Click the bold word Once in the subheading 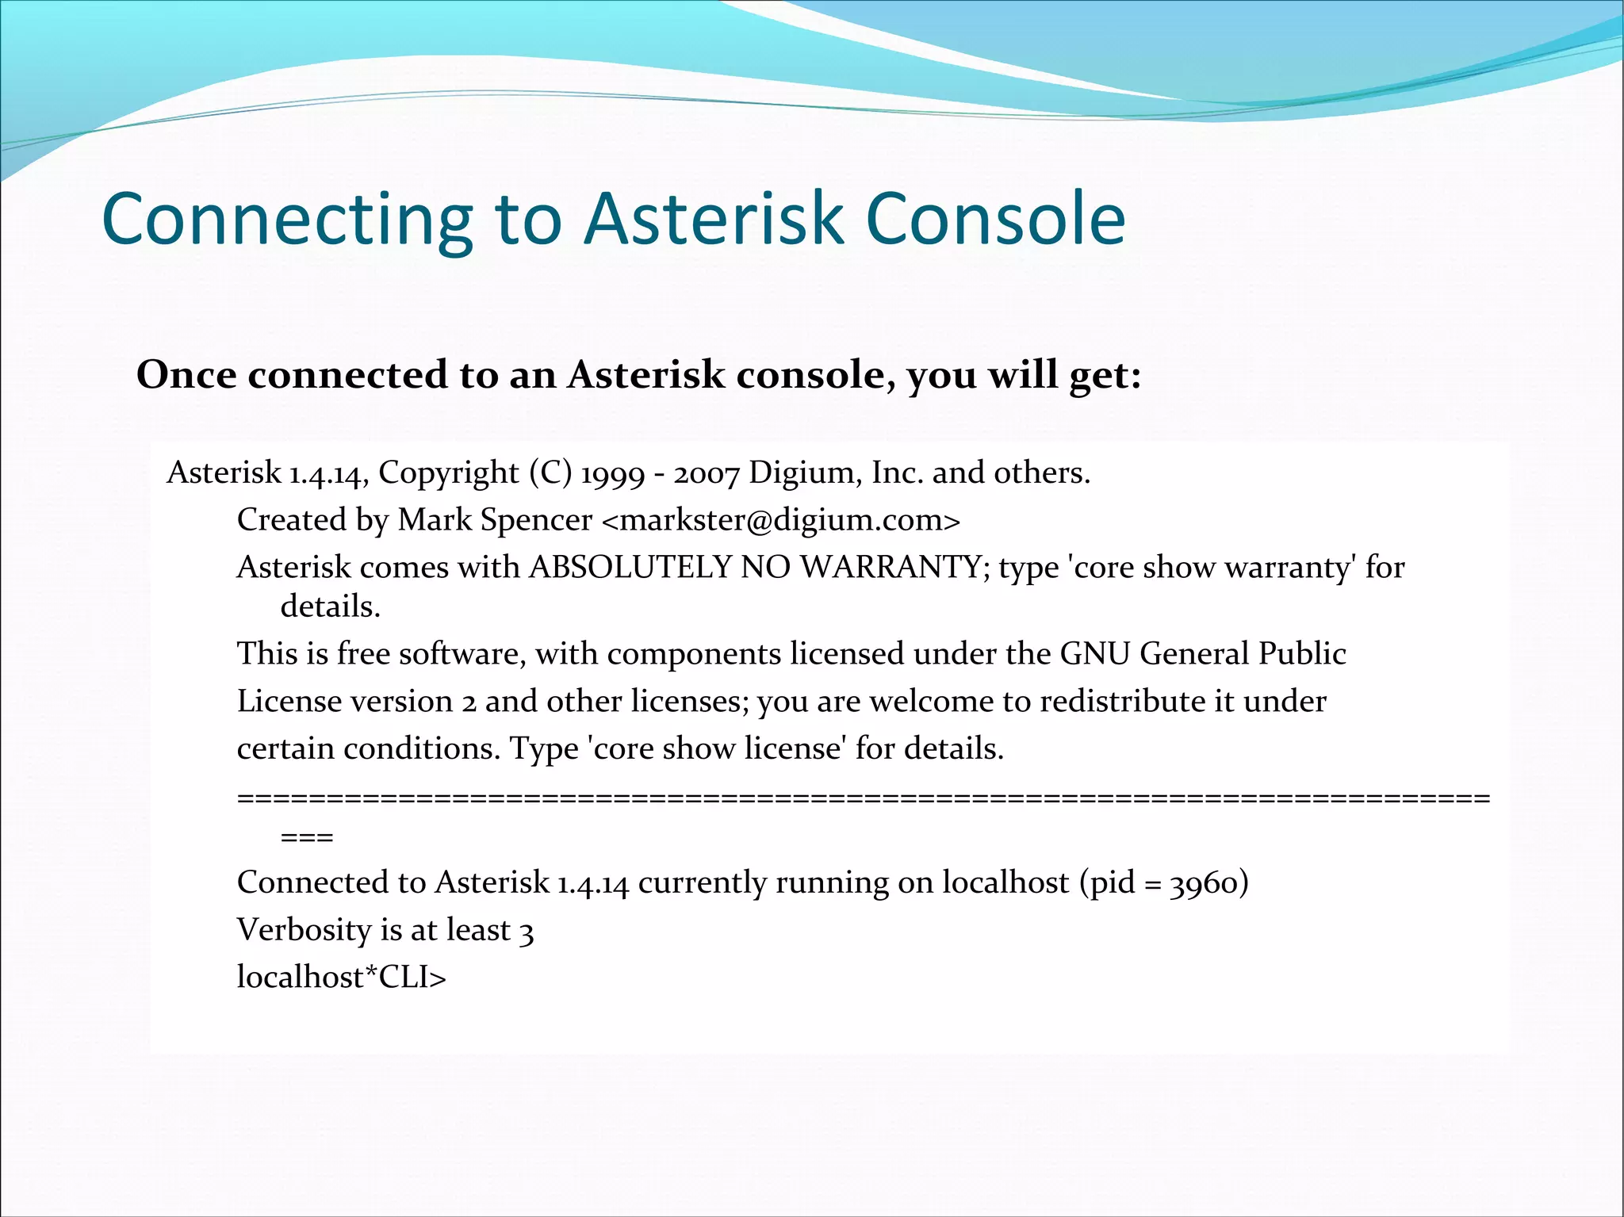point(186,374)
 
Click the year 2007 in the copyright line point(707,473)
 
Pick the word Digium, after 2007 point(806,473)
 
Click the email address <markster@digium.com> point(781,520)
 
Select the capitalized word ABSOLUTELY point(630,567)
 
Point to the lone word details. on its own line point(331,607)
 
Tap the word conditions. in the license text point(421,748)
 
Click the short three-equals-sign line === point(307,837)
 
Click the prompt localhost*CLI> point(342,978)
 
